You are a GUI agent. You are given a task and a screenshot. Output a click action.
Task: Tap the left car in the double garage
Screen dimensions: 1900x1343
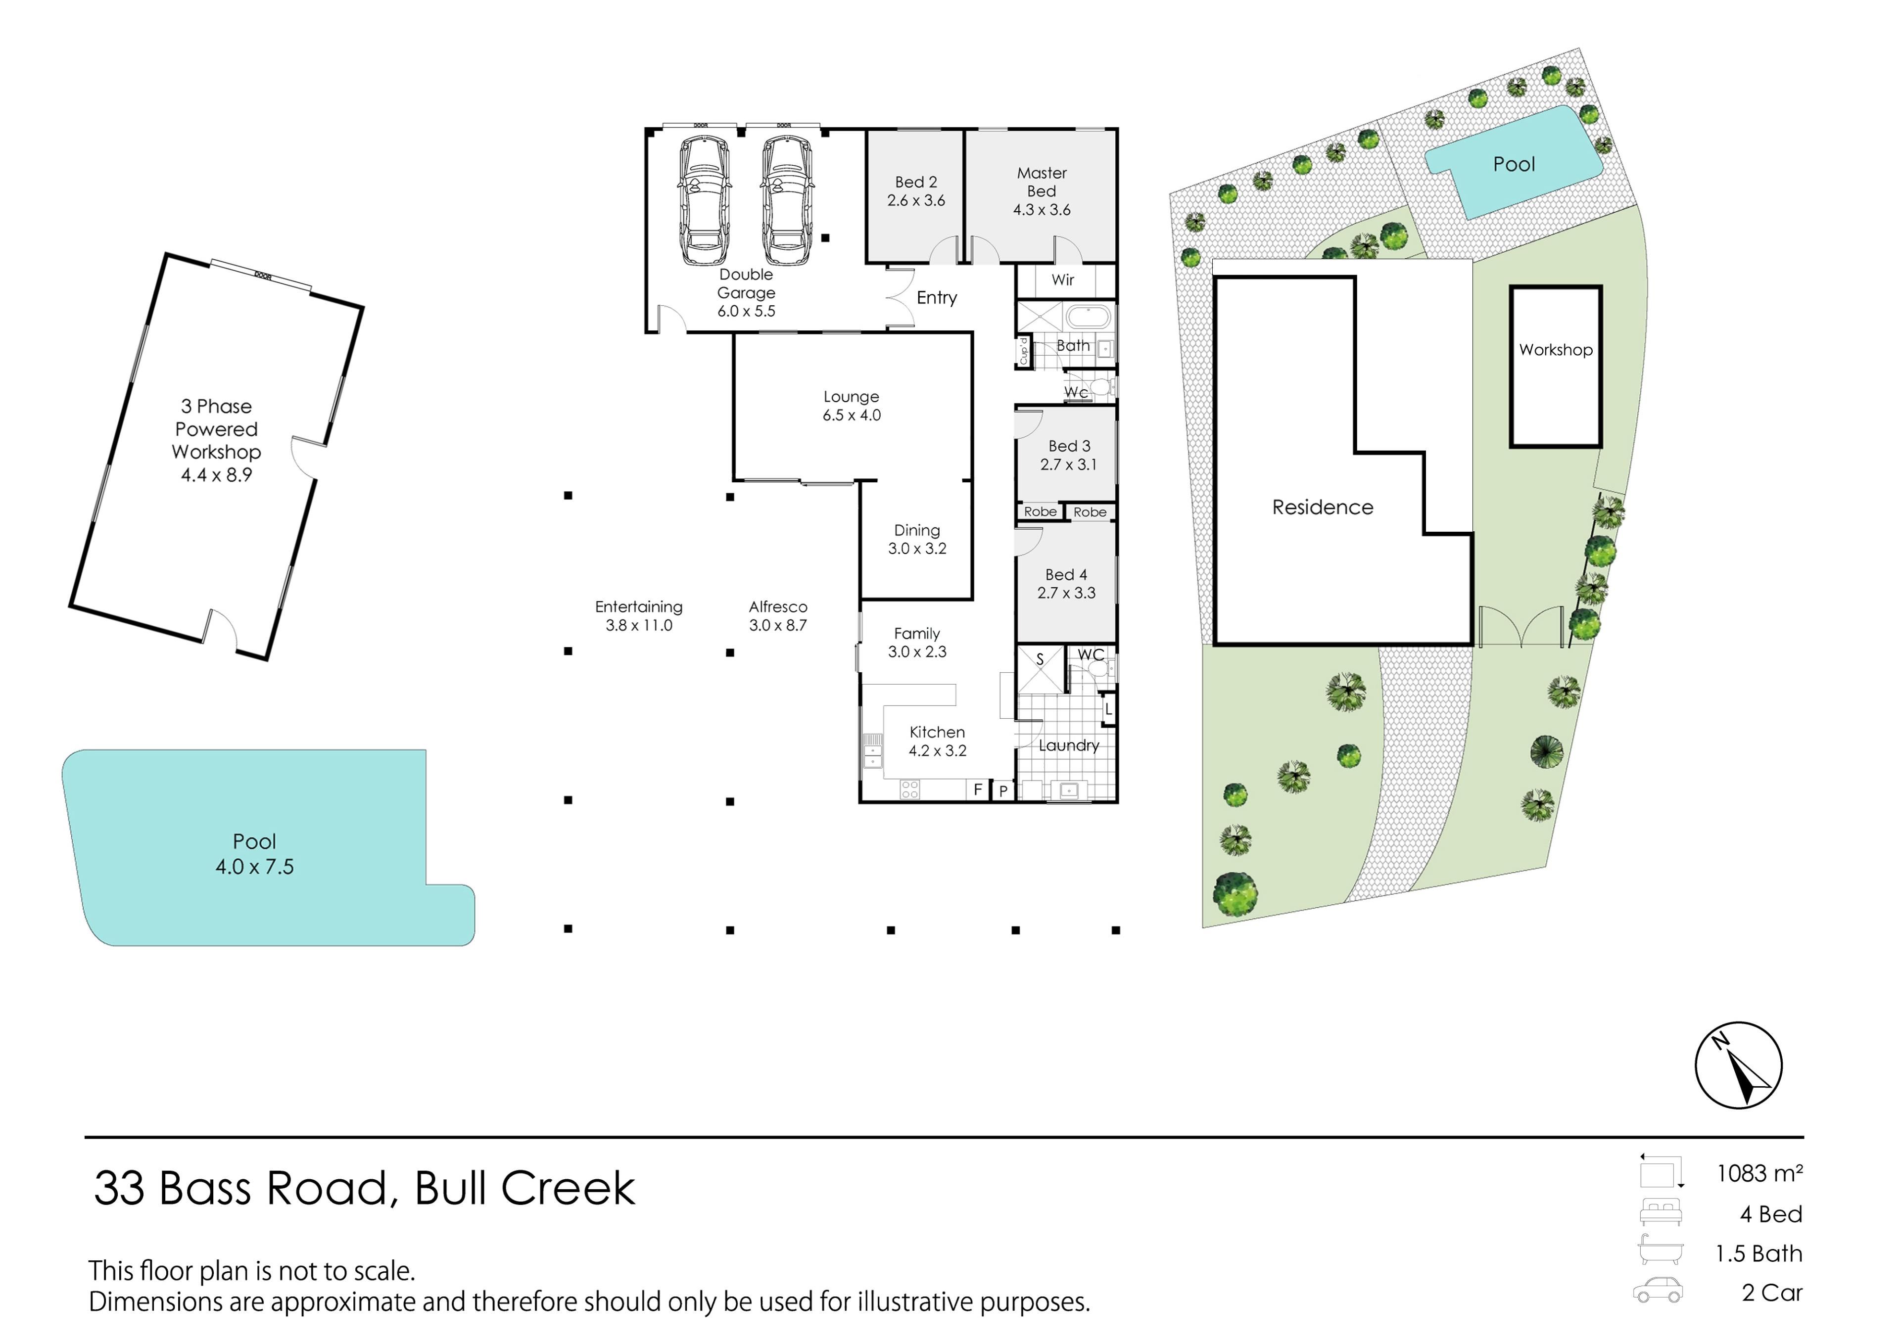pyautogui.click(x=704, y=200)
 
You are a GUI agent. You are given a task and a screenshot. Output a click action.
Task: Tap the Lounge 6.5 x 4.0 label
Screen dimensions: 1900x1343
pyautogui.click(x=852, y=406)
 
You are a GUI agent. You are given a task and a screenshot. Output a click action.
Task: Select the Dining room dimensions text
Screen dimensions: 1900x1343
pyautogui.click(x=917, y=549)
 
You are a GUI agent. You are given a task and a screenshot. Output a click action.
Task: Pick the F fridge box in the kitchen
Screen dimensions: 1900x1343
pyautogui.click(x=978, y=789)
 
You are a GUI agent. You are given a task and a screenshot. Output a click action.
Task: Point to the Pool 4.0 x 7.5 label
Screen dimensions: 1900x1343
pyautogui.click(x=255, y=854)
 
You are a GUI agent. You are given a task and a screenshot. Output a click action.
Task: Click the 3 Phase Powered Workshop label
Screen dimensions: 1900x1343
pyautogui.click(x=217, y=440)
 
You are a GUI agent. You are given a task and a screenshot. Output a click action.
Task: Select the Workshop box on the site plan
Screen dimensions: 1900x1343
pyautogui.click(x=1556, y=367)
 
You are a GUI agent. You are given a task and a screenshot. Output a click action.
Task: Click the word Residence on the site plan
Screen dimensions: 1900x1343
pyautogui.click(x=1323, y=507)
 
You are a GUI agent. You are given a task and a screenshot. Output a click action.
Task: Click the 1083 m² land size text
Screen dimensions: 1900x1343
pyautogui.click(x=1759, y=1173)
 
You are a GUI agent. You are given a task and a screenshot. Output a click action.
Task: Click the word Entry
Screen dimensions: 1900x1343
pyautogui.click(x=937, y=298)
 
